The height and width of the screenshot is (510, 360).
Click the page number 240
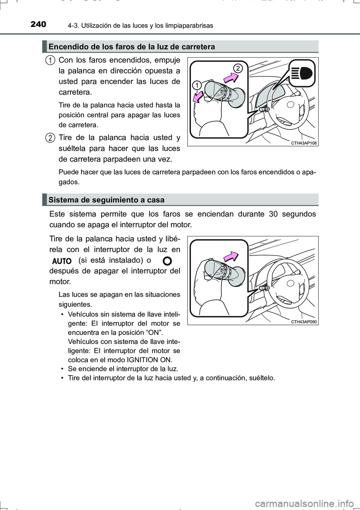(x=38, y=25)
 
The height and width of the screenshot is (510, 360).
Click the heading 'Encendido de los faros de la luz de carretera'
(x=132, y=47)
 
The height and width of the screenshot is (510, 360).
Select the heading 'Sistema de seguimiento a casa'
(x=106, y=200)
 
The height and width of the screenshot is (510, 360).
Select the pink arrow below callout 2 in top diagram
(x=231, y=78)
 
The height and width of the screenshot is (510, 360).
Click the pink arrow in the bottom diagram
(x=231, y=256)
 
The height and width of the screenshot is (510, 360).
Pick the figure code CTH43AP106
(x=304, y=143)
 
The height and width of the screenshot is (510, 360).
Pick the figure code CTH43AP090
(x=304, y=322)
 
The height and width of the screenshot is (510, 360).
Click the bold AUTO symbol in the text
(x=62, y=261)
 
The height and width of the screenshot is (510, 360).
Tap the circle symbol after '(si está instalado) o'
(x=168, y=260)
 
